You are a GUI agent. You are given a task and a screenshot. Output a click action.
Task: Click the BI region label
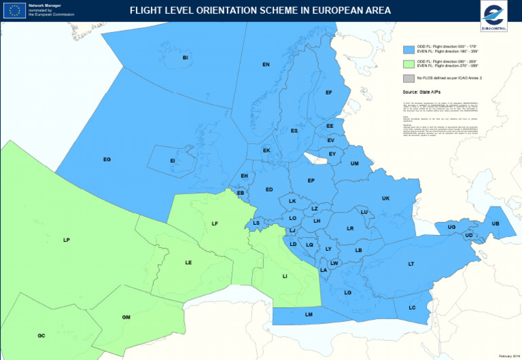[x=185, y=58]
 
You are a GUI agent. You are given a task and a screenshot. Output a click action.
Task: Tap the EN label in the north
[x=266, y=65]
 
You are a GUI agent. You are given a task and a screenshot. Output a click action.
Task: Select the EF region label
[x=329, y=92]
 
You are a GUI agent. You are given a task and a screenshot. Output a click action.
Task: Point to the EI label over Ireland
[x=173, y=160]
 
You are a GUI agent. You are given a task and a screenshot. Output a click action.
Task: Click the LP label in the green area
[x=67, y=240]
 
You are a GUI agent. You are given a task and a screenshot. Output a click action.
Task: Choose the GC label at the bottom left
[x=41, y=336]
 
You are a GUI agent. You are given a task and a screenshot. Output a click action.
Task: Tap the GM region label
[x=126, y=317]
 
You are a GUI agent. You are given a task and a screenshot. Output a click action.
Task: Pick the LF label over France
[x=215, y=223]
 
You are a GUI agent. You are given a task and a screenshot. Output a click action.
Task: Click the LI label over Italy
[x=285, y=276]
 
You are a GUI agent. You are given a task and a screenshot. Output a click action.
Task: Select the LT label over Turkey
[x=411, y=264]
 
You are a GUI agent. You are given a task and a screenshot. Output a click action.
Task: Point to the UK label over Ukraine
[x=385, y=198]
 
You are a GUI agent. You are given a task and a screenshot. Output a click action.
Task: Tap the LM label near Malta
[x=309, y=314]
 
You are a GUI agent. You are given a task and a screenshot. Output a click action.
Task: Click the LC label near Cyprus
[x=412, y=308]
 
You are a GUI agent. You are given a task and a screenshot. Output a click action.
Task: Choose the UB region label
[x=495, y=223]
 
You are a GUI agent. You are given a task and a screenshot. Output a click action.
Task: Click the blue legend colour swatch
[x=408, y=50]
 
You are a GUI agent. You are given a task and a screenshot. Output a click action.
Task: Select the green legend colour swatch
[x=408, y=64]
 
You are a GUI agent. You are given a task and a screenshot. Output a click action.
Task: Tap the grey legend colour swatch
[x=408, y=79]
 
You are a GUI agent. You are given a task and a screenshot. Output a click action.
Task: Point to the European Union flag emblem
[x=14, y=10]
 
